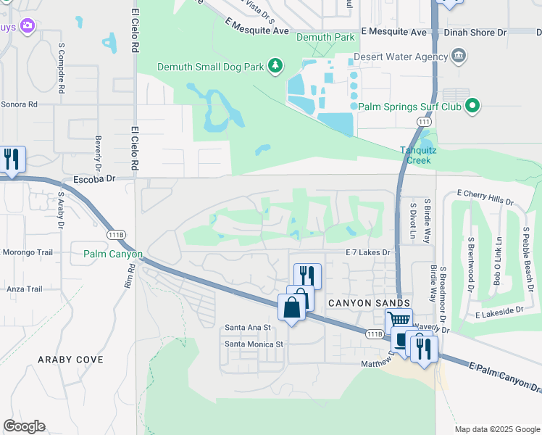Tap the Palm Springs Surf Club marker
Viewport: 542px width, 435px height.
coord(472,107)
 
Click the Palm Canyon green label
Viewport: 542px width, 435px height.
coord(113,254)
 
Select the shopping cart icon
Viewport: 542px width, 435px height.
coord(399,320)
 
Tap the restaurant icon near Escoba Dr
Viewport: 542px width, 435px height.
coord(12,159)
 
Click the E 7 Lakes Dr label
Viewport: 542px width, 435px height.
coord(367,252)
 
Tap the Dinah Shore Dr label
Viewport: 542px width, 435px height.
coord(483,33)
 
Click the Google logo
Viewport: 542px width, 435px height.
coord(24,426)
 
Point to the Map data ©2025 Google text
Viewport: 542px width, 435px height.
coord(496,429)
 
